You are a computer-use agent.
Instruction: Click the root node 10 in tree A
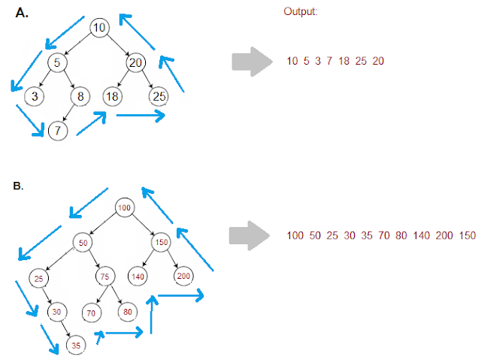(x=100, y=28)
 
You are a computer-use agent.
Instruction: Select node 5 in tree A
(x=58, y=62)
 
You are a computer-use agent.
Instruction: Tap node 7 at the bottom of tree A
(x=58, y=131)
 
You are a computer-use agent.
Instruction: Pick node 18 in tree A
(x=110, y=96)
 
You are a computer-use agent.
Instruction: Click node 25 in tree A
(x=159, y=96)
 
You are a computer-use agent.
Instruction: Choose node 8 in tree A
(x=80, y=96)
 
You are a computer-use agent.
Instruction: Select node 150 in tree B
(x=160, y=244)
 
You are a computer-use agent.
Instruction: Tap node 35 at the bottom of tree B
(x=76, y=344)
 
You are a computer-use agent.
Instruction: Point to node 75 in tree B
(x=104, y=277)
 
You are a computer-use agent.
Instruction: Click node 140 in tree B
(x=138, y=277)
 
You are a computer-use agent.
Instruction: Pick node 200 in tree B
(x=183, y=277)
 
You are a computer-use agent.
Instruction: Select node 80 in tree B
(x=126, y=310)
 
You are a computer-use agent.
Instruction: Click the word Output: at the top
(x=301, y=13)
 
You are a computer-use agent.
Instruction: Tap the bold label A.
(x=22, y=11)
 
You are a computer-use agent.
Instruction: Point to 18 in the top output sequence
(x=344, y=61)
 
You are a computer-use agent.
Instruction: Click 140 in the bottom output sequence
(x=421, y=235)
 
